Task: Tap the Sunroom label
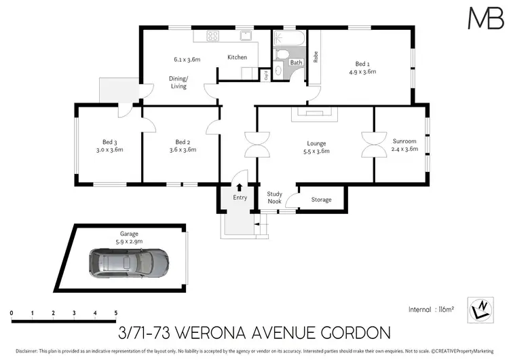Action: pyautogui.click(x=405, y=141)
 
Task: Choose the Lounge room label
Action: pyautogui.click(x=316, y=143)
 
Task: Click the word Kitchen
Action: pyautogui.click(x=237, y=57)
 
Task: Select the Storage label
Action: pyautogui.click(x=321, y=200)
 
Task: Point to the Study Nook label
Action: pyautogui.click(x=274, y=197)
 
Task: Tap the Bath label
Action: pyautogui.click(x=296, y=62)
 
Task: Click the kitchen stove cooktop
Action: pyautogui.click(x=211, y=37)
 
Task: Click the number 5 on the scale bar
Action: pyautogui.click(x=116, y=312)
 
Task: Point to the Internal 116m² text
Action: pyautogui.click(x=431, y=309)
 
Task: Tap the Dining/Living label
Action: pyautogui.click(x=178, y=82)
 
